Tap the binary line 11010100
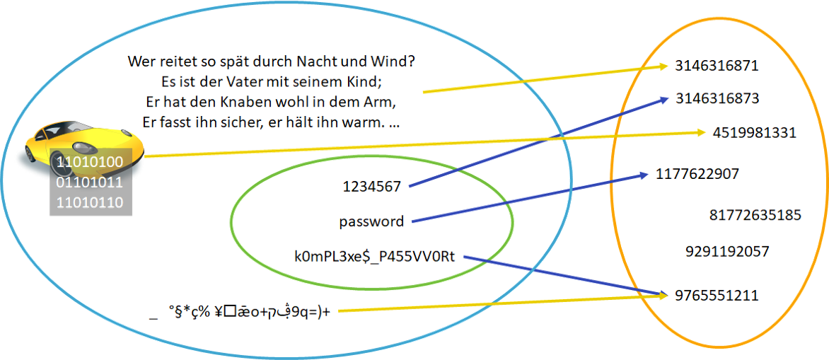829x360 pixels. [x=90, y=163]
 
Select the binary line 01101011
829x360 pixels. [x=90, y=183]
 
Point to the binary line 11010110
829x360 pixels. [x=90, y=203]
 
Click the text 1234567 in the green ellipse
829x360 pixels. [x=372, y=186]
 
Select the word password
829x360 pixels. [x=372, y=221]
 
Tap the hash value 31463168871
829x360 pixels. [x=717, y=66]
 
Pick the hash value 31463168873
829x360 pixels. [x=717, y=98]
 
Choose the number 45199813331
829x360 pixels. [x=753, y=132]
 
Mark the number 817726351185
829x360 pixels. [x=755, y=214]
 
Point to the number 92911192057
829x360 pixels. [x=727, y=251]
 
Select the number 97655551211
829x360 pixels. [x=717, y=294]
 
